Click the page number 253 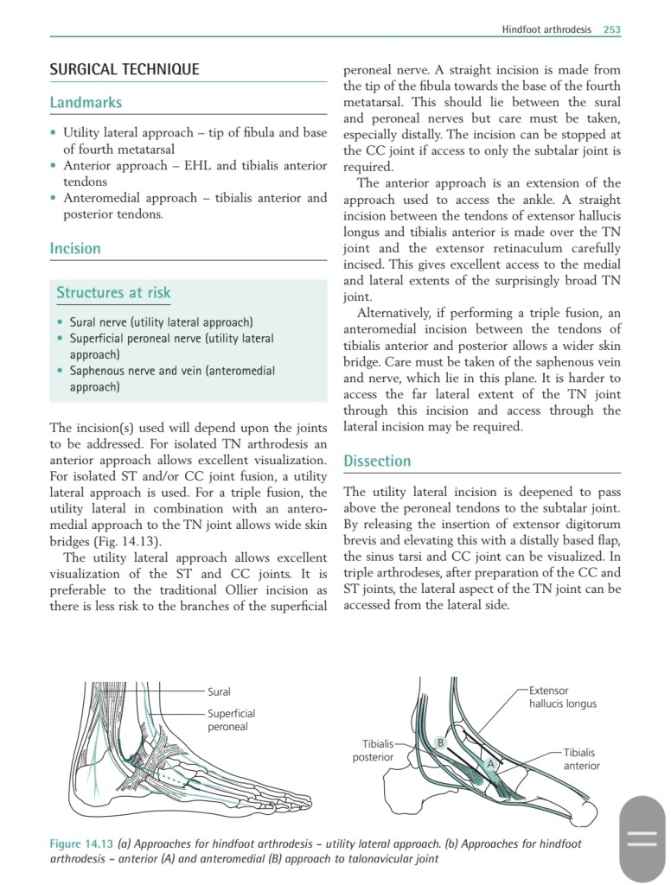pyautogui.click(x=612, y=29)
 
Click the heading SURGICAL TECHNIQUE pyautogui.click(x=125, y=69)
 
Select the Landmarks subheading pyautogui.click(x=86, y=102)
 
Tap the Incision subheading pyautogui.click(x=75, y=248)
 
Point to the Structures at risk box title pyautogui.click(x=113, y=292)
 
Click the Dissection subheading pyautogui.click(x=377, y=461)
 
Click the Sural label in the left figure pyautogui.click(x=219, y=691)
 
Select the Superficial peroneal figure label pyautogui.click(x=231, y=720)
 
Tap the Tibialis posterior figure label pyautogui.click(x=374, y=750)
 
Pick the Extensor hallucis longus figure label pyautogui.click(x=562, y=697)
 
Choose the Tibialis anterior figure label pyautogui.click(x=581, y=759)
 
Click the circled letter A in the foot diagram pyautogui.click(x=490, y=764)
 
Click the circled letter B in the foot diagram pyautogui.click(x=440, y=742)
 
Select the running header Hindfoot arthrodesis pyautogui.click(x=546, y=29)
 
